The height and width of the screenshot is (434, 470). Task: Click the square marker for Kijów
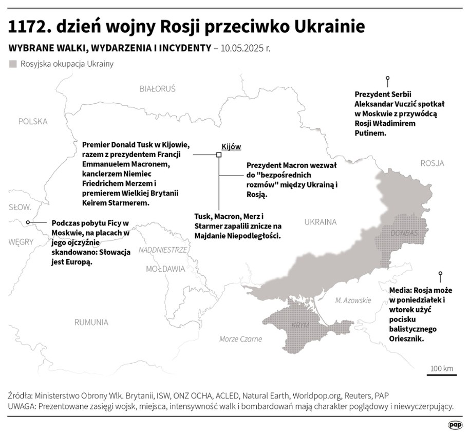click(219, 154)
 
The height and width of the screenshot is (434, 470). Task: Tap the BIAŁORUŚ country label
click(157, 89)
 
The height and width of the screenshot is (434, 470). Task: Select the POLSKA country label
click(32, 121)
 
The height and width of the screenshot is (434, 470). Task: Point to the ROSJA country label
click(432, 163)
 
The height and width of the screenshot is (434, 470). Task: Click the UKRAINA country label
click(320, 222)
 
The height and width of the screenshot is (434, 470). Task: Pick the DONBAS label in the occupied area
click(405, 233)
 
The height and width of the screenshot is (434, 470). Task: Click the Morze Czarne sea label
click(240, 339)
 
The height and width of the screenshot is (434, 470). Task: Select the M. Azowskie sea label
click(352, 300)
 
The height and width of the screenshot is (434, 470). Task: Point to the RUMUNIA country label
click(91, 322)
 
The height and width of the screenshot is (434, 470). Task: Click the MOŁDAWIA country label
click(165, 269)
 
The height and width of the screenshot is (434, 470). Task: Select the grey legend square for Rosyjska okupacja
click(13, 64)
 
